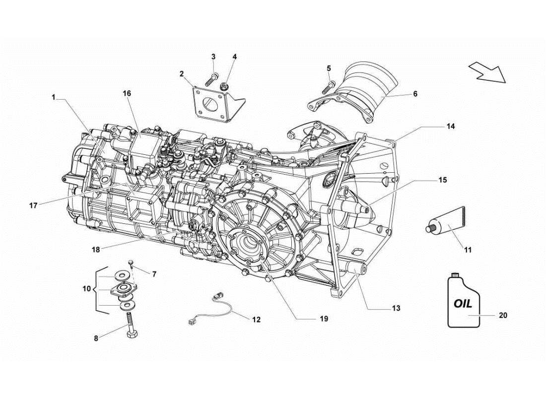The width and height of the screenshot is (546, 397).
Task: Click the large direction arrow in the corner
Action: (486, 72)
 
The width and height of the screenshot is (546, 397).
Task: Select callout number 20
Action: (503, 315)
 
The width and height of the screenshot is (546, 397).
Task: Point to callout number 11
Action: (468, 251)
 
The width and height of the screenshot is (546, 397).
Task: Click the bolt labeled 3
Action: (215, 76)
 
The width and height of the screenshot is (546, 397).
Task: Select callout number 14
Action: (450, 127)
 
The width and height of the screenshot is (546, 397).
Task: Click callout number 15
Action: (442, 180)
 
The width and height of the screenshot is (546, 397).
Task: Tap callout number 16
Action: (127, 93)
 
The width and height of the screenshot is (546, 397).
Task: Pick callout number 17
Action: (33, 205)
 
